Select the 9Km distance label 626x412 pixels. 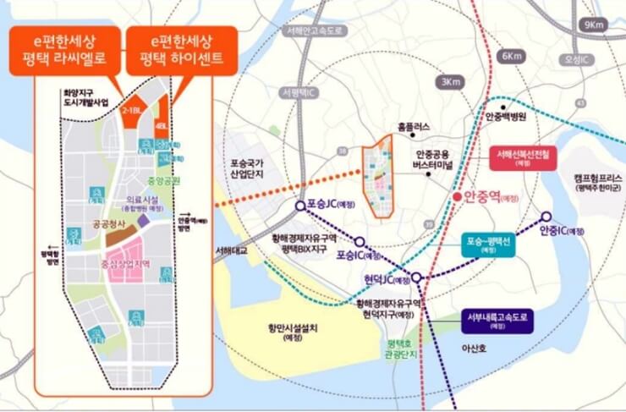pos(596,25)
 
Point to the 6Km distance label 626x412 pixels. pos(512,56)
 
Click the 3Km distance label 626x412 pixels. pos(450,82)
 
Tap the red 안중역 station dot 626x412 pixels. pos(458,197)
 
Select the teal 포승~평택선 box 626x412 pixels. pos(490,244)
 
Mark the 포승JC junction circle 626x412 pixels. pos(300,205)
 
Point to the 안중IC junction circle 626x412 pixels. pos(546,217)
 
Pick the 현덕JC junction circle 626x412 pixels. pos(416,277)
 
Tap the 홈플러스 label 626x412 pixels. pos(414,128)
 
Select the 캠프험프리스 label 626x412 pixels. pos(597,179)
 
